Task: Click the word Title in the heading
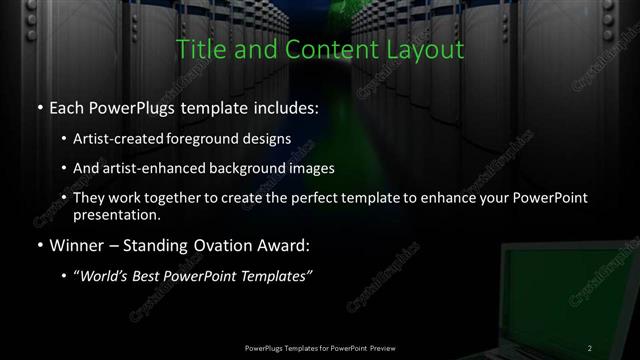click(x=199, y=49)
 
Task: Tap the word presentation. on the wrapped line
click(x=117, y=214)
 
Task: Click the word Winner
click(x=73, y=245)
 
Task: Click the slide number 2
click(x=590, y=347)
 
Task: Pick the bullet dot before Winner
click(x=38, y=245)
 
